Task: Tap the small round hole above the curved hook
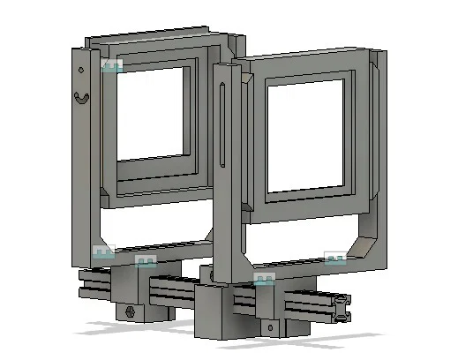tap(80, 69)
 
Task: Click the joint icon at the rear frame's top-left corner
tap(111, 66)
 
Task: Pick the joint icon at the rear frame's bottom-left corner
tap(104, 252)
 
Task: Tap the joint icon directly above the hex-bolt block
tap(145, 261)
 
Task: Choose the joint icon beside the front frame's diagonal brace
tap(335, 258)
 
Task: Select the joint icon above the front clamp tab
tap(264, 279)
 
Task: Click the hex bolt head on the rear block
tap(131, 311)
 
